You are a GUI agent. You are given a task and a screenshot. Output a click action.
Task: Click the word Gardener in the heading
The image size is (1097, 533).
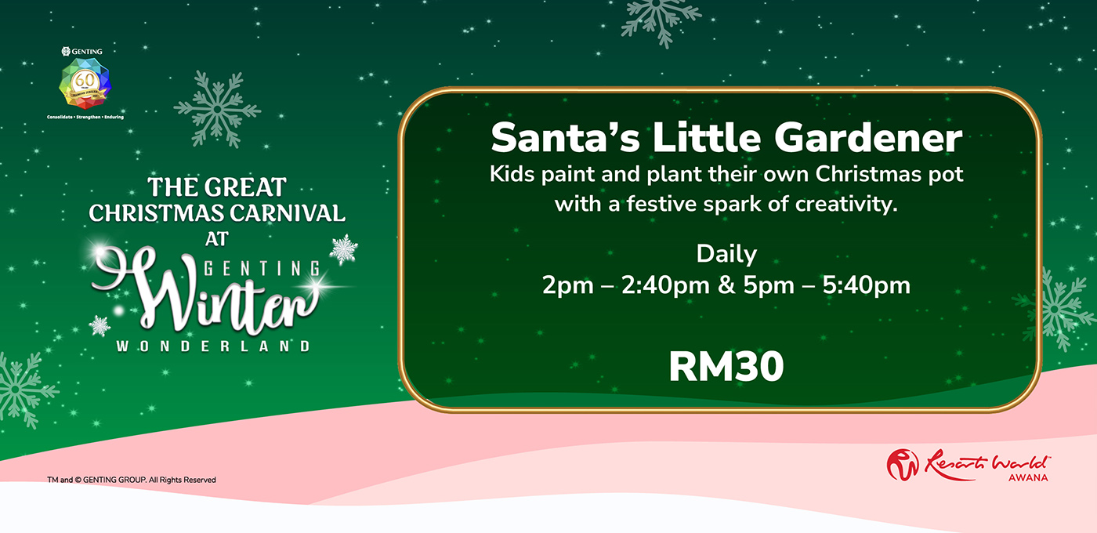click(868, 138)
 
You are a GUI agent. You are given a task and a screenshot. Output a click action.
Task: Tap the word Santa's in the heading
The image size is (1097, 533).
click(565, 137)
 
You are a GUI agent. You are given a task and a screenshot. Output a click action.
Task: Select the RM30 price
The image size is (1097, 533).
click(726, 367)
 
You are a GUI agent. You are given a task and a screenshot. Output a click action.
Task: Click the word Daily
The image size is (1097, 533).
click(727, 255)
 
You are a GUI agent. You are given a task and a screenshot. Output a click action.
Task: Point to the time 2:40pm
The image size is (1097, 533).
click(665, 285)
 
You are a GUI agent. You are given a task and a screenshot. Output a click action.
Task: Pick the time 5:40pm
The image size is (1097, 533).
click(866, 285)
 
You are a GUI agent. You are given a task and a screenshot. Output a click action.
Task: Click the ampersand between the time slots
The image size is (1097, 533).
click(726, 285)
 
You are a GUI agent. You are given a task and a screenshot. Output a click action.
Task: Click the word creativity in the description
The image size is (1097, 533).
click(845, 204)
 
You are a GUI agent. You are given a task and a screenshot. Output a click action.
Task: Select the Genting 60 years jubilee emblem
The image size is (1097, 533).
click(85, 83)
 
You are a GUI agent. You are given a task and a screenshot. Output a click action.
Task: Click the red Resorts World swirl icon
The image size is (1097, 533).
click(903, 464)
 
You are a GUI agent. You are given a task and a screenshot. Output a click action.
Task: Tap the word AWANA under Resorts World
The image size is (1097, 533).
click(1028, 477)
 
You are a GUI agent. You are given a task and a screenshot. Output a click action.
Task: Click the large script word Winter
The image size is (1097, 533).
click(205, 289)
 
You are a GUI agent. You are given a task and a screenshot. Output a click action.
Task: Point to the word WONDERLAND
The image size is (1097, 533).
click(213, 346)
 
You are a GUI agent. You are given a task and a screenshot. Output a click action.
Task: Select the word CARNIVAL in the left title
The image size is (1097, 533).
click(288, 213)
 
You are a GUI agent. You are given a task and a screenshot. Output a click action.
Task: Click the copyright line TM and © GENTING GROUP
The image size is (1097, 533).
click(132, 480)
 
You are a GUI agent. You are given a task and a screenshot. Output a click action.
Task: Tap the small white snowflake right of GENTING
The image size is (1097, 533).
click(344, 249)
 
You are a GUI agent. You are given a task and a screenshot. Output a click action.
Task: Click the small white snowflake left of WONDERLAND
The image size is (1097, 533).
click(100, 326)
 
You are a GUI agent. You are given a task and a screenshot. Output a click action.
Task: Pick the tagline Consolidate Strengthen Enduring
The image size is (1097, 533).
click(85, 117)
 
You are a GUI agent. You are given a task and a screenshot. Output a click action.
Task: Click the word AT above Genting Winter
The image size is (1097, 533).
click(217, 239)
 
